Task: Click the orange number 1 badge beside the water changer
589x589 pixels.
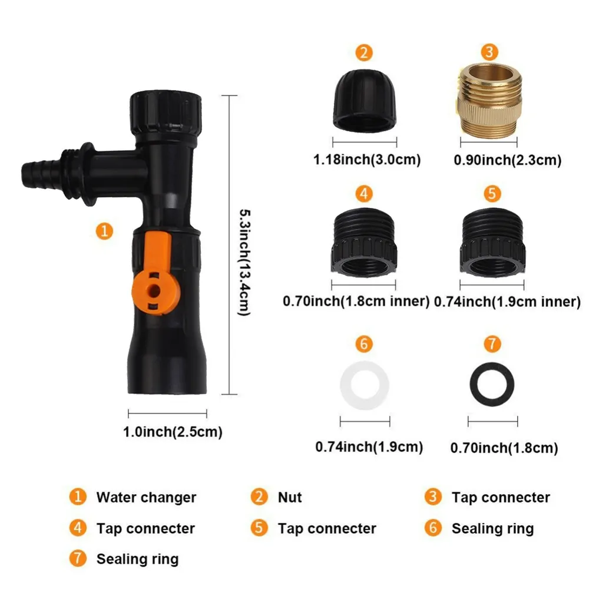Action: click(104, 231)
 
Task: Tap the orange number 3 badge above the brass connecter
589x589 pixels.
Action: click(489, 52)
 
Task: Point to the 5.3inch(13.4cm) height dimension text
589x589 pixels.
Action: click(245, 263)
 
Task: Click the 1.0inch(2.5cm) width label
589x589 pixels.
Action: click(173, 432)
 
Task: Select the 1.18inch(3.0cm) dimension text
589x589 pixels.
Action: click(367, 160)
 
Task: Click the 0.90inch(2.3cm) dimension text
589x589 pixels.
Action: click(508, 160)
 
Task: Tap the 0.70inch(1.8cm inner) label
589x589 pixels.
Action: click(356, 301)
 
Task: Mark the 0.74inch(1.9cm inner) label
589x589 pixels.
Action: click(508, 302)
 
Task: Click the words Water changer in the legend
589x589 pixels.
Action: click(146, 497)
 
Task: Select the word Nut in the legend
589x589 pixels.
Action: click(290, 497)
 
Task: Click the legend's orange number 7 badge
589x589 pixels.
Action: click(78, 558)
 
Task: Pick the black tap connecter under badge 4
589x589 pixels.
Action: click(363, 242)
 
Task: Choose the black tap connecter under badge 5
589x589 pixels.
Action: click(492, 242)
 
